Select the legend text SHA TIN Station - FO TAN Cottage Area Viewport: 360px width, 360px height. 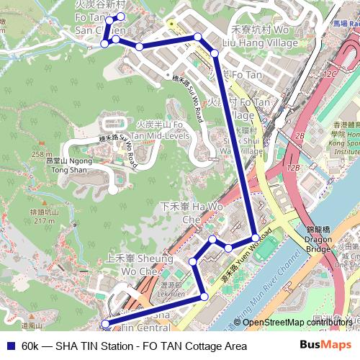pos(134,346)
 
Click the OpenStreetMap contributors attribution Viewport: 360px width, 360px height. pos(297,322)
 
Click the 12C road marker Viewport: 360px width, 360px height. pos(330,74)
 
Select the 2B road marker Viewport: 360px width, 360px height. pos(301,135)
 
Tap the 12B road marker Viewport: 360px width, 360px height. pos(292,167)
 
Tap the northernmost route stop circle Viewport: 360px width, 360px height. pos(120,17)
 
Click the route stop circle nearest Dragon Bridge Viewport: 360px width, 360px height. pos(255,238)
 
